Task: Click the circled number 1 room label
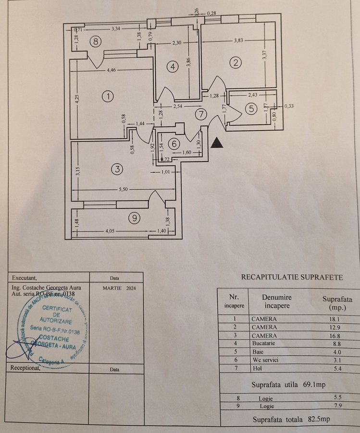[109, 96]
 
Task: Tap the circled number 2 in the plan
[235, 62]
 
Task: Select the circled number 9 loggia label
[135, 218]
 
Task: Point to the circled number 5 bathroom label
[251, 109]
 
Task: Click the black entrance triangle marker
[218, 143]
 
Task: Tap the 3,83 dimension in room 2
[238, 41]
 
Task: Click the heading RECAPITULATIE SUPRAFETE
[292, 277]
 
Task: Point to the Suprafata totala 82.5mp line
[291, 420]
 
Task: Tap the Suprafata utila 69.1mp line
[289, 385]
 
